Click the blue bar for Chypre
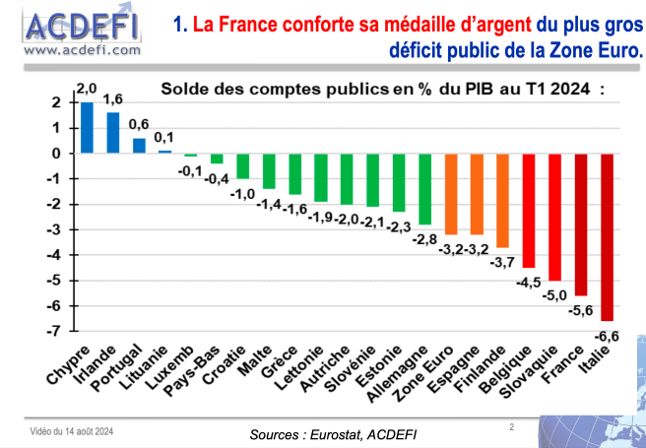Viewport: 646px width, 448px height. [x=87, y=128]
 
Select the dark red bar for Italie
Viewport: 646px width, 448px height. [x=606, y=236]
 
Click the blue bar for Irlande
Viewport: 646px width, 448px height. [x=113, y=133]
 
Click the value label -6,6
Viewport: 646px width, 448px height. [x=607, y=337]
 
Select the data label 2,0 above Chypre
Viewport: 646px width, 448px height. [x=87, y=90]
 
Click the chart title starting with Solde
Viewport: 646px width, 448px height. [x=385, y=88]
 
